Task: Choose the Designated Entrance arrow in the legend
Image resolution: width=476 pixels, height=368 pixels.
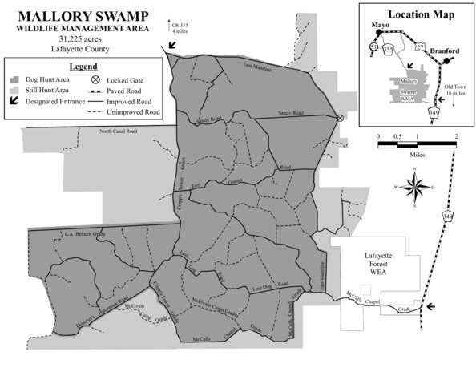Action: (14, 103)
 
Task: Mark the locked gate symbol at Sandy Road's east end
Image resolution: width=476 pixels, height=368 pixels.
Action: (341, 118)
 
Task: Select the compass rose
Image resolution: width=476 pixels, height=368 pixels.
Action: (416, 189)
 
